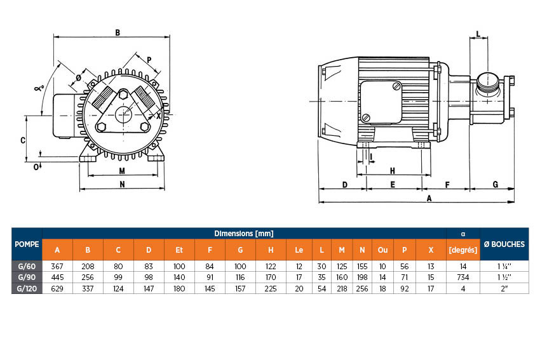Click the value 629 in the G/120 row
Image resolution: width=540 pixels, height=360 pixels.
(x=57, y=288)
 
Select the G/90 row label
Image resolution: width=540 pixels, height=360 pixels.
(x=27, y=277)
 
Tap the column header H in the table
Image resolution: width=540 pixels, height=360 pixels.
(x=271, y=250)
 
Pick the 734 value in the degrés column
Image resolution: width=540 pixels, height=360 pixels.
(x=463, y=277)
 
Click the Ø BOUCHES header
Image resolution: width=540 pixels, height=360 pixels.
(x=504, y=244)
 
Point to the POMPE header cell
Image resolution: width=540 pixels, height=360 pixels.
(x=27, y=244)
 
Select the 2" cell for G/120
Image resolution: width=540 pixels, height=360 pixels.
(x=504, y=288)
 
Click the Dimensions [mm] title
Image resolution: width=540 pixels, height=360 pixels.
(x=244, y=234)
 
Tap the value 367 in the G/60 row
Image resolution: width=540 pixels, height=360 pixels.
(x=57, y=266)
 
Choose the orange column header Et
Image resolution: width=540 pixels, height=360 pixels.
(x=179, y=250)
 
